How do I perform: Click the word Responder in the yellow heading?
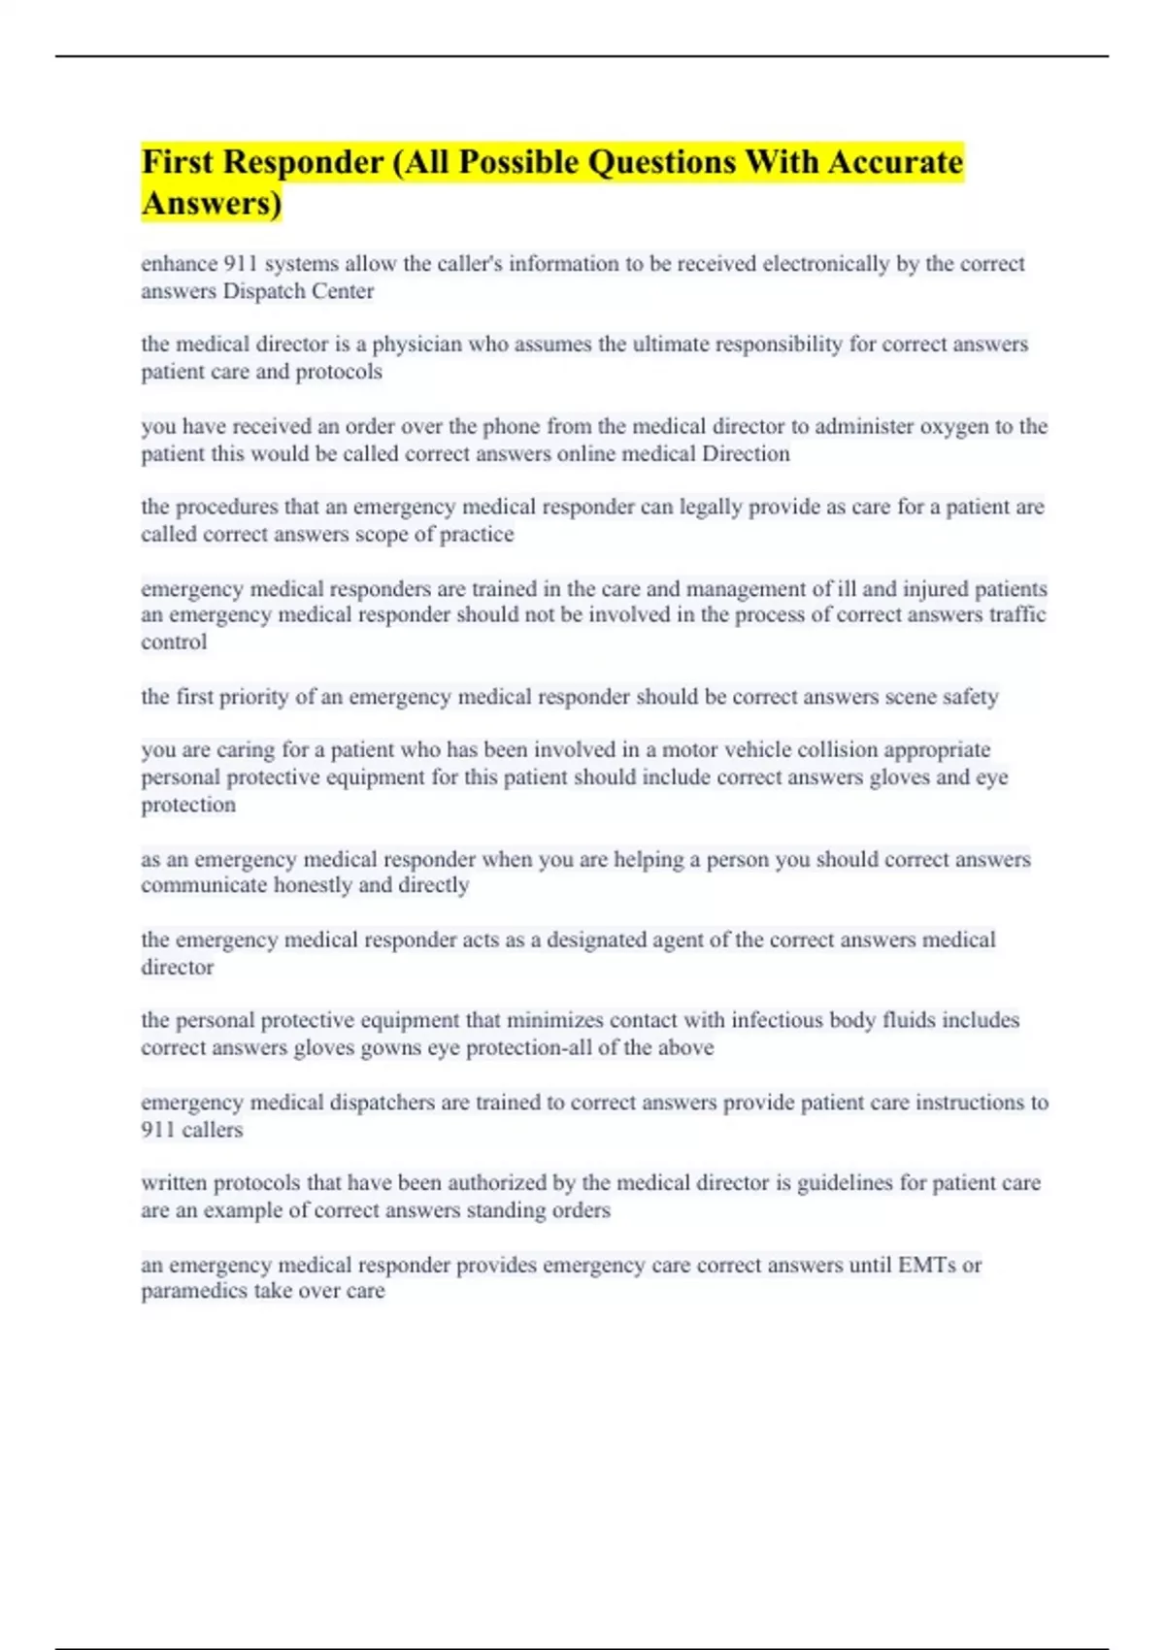[x=303, y=162]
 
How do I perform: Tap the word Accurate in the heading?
[x=895, y=162]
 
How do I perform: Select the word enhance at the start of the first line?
[x=179, y=264]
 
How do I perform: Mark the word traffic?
[x=1016, y=615]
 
